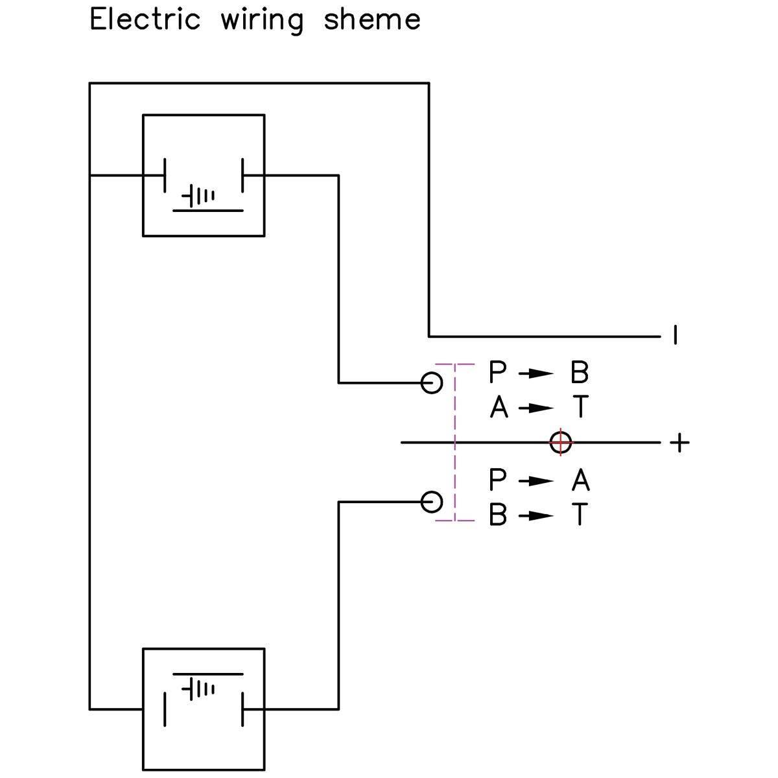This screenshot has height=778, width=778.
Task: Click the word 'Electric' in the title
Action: point(145,19)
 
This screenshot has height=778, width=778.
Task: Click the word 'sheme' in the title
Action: point(372,19)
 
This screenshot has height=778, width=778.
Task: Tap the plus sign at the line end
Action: point(679,443)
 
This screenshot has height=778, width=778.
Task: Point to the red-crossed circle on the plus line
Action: point(560,442)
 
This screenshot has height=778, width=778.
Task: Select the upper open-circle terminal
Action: point(432,383)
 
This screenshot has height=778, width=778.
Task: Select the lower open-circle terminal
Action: point(432,502)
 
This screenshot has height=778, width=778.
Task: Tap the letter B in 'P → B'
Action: point(579,373)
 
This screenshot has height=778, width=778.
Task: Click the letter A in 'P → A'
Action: point(580,480)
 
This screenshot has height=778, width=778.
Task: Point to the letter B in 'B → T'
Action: point(498,515)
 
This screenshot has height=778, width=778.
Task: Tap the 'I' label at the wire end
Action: point(676,335)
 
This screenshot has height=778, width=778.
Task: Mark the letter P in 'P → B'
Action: point(497,373)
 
